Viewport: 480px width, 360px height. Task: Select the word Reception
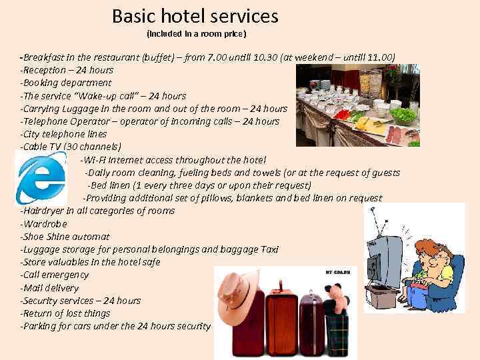pos(45,70)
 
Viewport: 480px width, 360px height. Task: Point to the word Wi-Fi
pos(94,159)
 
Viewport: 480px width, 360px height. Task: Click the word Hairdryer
pos(47,211)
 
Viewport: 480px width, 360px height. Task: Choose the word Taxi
pos(269,249)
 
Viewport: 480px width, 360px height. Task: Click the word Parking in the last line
pos(41,326)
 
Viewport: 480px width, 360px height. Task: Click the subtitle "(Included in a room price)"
pos(196,33)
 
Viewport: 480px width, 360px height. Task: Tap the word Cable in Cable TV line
pos(35,147)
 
